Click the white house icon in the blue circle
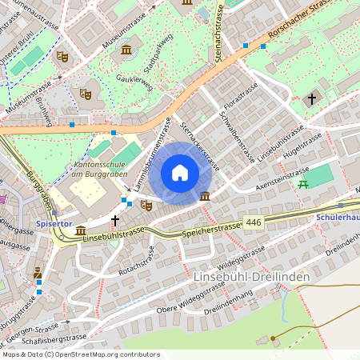click(x=180, y=173)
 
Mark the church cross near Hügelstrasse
click(x=312, y=99)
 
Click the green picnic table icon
click(x=302, y=185)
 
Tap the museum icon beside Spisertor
click(x=81, y=231)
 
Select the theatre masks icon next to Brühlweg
click(x=86, y=94)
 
